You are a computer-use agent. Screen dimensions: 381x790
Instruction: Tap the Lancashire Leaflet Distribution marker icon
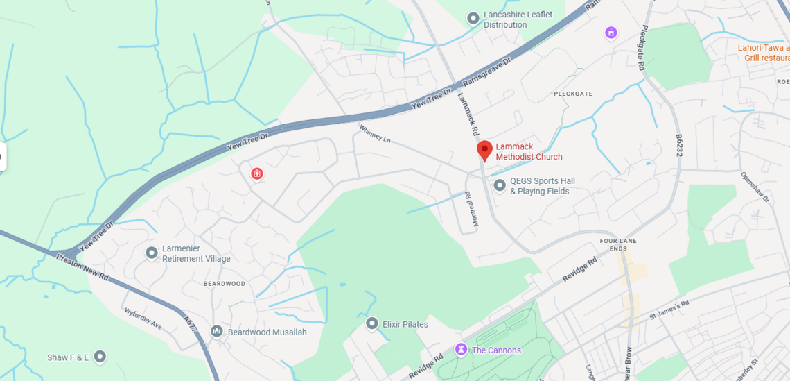point(473,19)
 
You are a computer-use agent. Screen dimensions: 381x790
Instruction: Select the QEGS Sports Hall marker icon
point(500,185)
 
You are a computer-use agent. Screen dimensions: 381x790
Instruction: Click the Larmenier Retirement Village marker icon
point(152,253)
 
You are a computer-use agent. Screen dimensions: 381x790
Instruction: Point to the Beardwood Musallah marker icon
point(217,332)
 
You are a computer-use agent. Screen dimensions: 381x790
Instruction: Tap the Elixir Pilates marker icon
point(372,323)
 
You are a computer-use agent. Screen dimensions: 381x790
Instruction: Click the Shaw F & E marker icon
point(100,357)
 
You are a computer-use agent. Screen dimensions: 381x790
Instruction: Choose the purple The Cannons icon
point(461,349)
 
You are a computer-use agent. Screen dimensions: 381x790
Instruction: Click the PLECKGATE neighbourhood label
point(573,94)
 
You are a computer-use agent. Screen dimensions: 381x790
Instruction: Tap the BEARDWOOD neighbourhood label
point(225,284)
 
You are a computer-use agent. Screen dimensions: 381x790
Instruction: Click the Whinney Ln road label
point(375,133)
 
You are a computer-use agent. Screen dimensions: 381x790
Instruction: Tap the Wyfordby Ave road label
point(143,319)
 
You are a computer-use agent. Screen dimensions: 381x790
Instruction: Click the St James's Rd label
point(669,309)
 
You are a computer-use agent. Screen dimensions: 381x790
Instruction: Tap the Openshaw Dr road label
point(755,187)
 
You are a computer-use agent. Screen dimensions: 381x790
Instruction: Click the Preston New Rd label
point(82,266)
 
